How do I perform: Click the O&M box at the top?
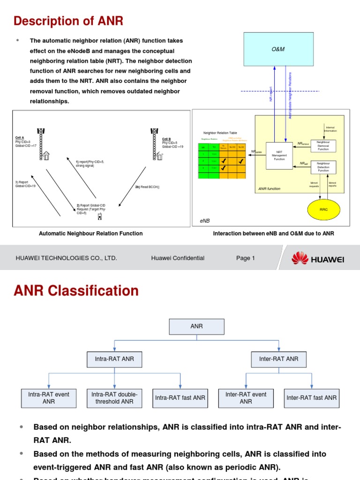click(x=278, y=49)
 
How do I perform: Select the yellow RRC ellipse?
click(x=323, y=210)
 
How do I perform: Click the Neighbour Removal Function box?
click(x=323, y=145)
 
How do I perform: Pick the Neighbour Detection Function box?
click(x=323, y=167)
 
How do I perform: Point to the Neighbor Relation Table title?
click(x=220, y=133)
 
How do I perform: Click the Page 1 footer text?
click(x=245, y=258)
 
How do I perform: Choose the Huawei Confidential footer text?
click(x=178, y=258)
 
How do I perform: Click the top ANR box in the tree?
click(x=197, y=326)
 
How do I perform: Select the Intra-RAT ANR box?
click(x=114, y=359)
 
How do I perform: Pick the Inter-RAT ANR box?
click(x=278, y=359)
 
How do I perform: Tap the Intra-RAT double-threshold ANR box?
click(x=114, y=398)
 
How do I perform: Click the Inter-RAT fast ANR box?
click(x=311, y=398)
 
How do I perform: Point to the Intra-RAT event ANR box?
click(x=49, y=398)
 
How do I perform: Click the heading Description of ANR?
click(x=68, y=21)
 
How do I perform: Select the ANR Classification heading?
click(x=76, y=291)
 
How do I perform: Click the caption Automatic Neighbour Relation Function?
click(x=90, y=233)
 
